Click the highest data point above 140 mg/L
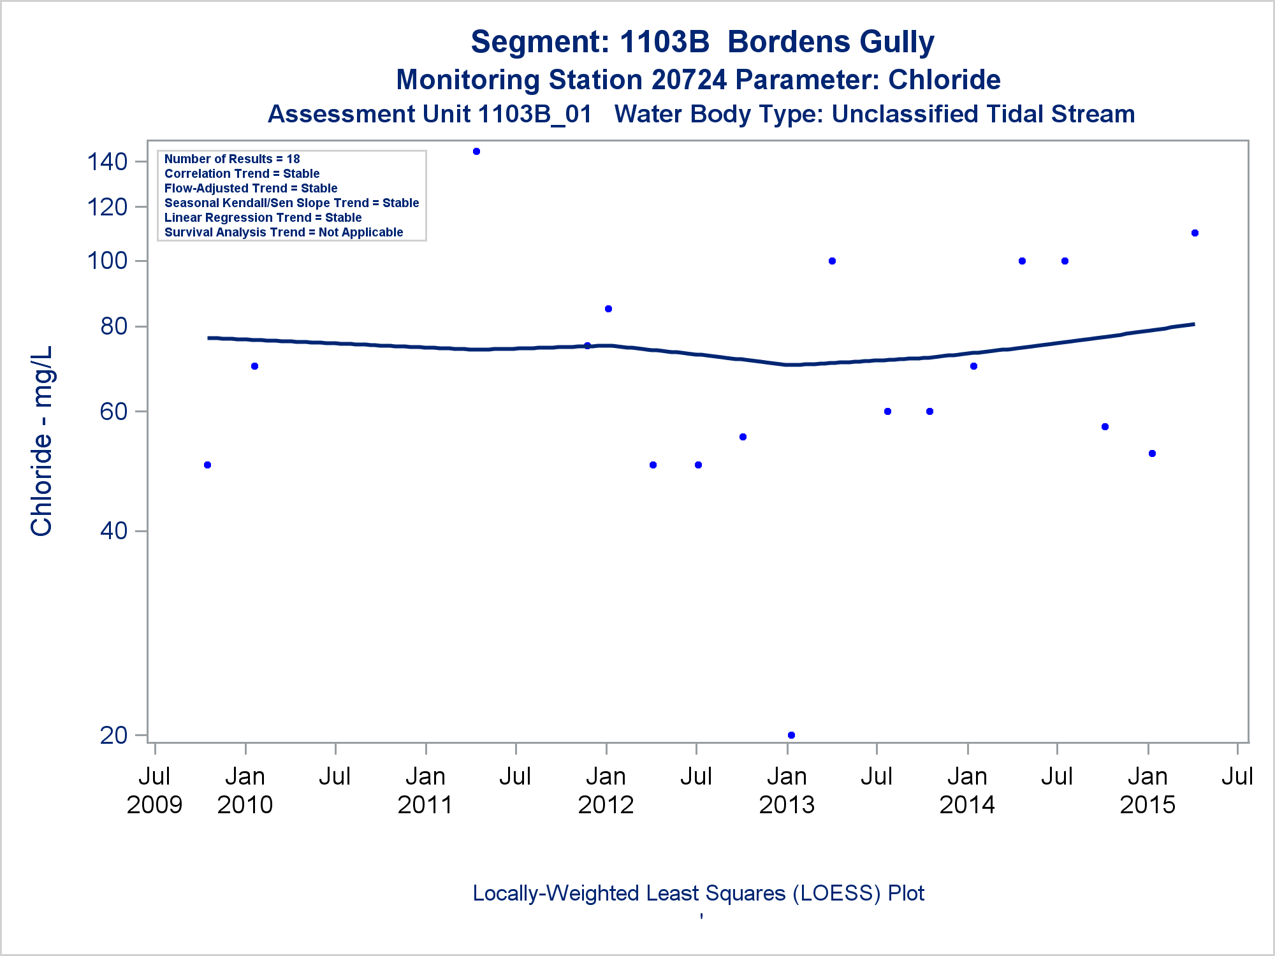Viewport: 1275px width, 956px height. (x=476, y=152)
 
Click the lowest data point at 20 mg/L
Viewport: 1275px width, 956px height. (x=791, y=735)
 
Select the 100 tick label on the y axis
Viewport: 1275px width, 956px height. (x=107, y=261)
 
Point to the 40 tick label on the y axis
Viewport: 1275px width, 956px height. (x=114, y=530)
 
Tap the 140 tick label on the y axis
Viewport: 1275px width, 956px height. (x=107, y=162)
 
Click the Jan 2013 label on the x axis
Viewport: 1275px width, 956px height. (x=787, y=790)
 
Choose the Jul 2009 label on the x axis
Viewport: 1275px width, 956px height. (x=154, y=790)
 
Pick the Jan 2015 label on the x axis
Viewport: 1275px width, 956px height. (x=1147, y=790)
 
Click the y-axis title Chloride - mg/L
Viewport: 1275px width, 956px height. (x=42, y=441)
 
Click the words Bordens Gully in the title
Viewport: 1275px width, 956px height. (x=831, y=42)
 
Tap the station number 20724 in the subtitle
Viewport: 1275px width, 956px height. (x=689, y=80)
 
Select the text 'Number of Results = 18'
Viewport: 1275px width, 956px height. (x=232, y=159)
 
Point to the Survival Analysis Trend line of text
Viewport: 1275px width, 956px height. (x=284, y=232)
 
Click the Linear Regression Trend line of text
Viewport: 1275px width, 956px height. (x=263, y=217)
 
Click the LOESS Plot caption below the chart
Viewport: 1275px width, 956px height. (x=698, y=893)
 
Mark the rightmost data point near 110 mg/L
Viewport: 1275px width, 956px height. (x=1195, y=233)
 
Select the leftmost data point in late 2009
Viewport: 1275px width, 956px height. (x=207, y=465)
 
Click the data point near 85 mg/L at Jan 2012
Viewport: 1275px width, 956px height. (x=608, y=308)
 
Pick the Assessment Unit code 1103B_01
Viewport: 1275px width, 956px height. (x=534, y=114)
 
